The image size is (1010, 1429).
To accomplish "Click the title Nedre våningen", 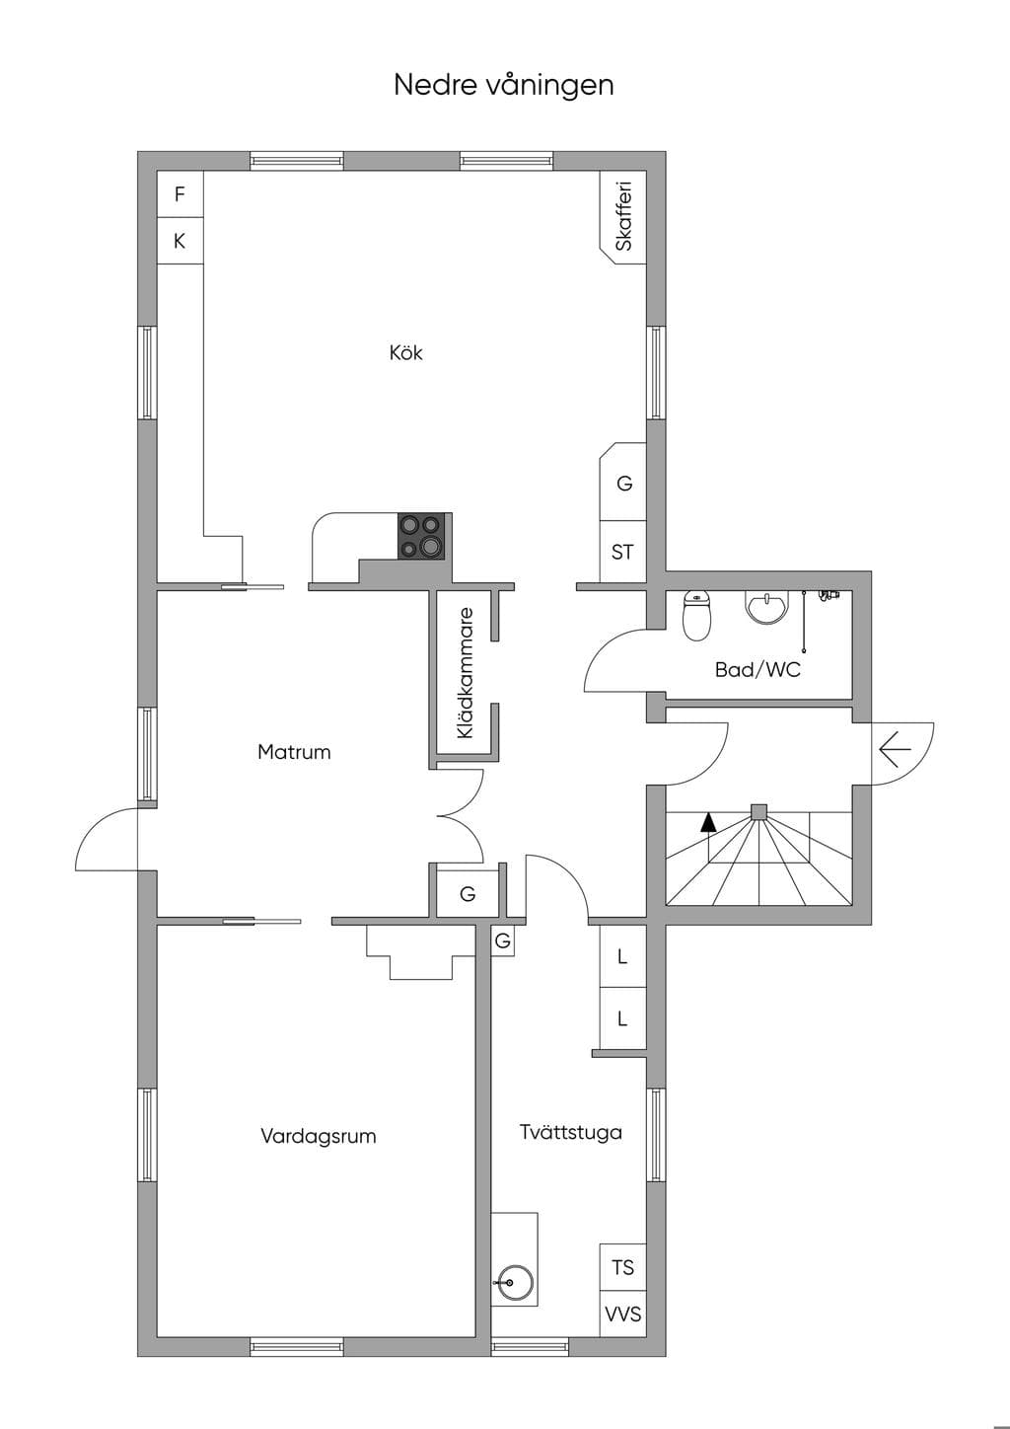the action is (x=504, y=86).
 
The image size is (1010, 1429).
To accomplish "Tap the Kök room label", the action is (x=405, y=352).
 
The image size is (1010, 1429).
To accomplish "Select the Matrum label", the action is (x=294, y=751).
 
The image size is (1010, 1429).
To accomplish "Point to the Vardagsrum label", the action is (x=319, y=1136).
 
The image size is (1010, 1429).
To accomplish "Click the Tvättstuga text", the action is (x=571, y=1132).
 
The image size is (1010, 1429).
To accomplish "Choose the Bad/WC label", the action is (x=757, y=669).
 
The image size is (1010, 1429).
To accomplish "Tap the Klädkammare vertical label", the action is (x=466, y=673).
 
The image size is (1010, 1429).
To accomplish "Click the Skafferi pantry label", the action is (x=623, y=215).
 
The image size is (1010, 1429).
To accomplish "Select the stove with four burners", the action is (x=421, y=537).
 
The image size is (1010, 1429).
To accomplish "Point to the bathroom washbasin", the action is (x=767, y=607).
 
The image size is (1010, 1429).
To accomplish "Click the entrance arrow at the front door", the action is (x=896, y=750).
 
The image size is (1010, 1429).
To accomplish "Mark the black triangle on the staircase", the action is (x=708, y=822).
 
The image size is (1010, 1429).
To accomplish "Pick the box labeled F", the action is (x=180, y=194).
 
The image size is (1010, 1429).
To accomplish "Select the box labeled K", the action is (x=180, y=241).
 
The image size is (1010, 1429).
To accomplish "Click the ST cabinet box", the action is (x=623, y=552).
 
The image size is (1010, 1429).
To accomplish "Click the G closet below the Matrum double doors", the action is (x=468, y=894).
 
